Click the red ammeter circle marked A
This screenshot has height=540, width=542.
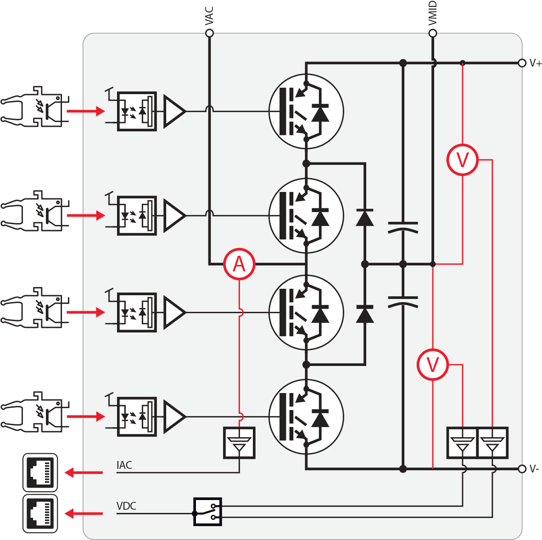[239, 264]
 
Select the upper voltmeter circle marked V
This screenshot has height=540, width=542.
[462, 160]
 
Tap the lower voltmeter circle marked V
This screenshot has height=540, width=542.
[432, 365]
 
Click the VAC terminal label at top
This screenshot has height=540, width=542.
[209, 16]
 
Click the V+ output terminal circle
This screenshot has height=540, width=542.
[522, 63]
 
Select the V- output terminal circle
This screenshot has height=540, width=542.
[522, 469]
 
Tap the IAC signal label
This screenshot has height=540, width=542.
[124, 465]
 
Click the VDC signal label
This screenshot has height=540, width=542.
[126, 506]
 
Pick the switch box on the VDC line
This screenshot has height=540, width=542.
[207, 512]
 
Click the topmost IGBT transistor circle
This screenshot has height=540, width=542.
[306, 111]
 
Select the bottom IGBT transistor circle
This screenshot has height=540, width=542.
[306, 417]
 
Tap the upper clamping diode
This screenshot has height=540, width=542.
[364, 217]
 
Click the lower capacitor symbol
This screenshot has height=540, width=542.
[402, 301]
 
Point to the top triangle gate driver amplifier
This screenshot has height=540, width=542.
[174, 111]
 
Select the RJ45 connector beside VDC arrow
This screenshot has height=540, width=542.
[40, 513]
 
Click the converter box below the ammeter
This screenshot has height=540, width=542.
[239, 443]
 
